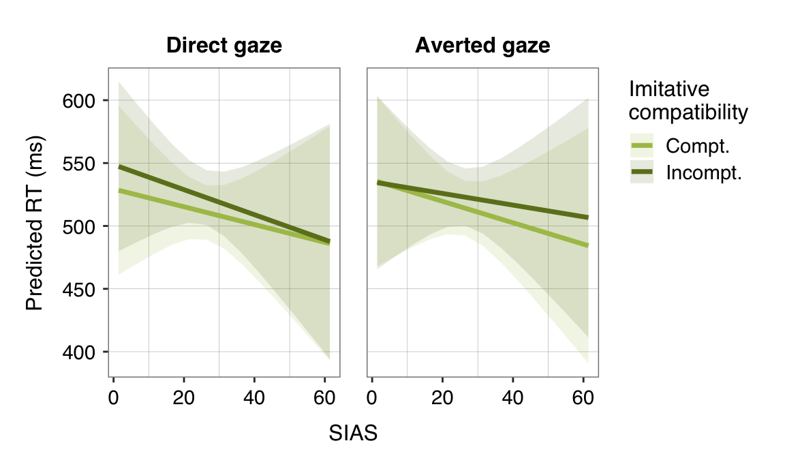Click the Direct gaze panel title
tap(224, 46)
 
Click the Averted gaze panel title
tap(482, 46)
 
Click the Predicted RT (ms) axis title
tap(34, 223)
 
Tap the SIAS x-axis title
tap(353, 433)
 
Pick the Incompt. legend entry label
tap(703, 173)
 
